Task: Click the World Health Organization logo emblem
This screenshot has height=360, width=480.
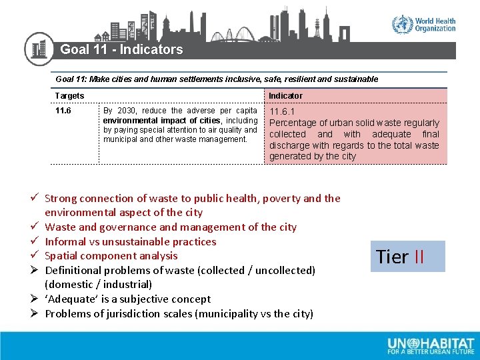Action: [x=402, y=25]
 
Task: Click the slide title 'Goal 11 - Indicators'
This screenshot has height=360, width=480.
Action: [x=121, y=49]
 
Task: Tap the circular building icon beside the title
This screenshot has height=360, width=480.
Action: [x=39, y=49]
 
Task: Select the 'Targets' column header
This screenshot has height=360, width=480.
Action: [x=69, y=96]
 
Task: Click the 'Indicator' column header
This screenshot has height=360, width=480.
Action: [x=285, y=96]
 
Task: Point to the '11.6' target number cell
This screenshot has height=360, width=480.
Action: [x=63, y=111]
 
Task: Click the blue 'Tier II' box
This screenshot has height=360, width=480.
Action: [x=407, y=257]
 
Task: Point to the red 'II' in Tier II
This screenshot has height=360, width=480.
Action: [x=419, y=257]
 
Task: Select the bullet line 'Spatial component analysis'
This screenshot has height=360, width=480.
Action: [x=111, y=255]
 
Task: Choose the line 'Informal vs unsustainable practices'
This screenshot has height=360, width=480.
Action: [x=130, y=241]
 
